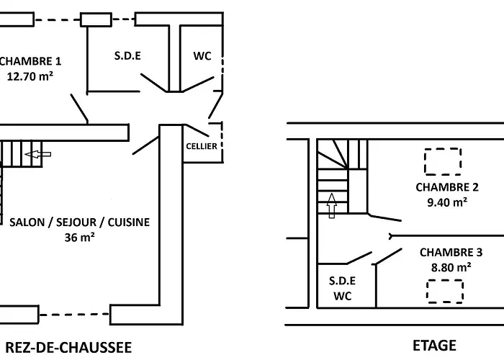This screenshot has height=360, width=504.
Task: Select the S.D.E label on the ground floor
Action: (128, 56)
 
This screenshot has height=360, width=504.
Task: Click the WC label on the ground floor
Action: (202, 56)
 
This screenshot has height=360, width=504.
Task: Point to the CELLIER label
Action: (202, 146)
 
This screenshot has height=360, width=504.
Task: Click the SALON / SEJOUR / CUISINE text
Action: (80, 222)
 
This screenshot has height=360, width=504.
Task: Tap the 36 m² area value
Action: (80, 236)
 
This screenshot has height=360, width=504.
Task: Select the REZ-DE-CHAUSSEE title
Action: (66, 347)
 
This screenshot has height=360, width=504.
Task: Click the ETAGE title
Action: (434, 346)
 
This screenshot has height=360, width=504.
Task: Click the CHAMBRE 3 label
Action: (451, 252)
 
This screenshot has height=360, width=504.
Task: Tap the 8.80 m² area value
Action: (451, 266)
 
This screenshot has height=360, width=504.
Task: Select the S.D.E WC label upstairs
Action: (343, 287)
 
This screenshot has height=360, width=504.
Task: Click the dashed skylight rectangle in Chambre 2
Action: (441, 161)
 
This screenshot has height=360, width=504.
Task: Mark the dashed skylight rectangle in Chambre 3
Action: (444, 292)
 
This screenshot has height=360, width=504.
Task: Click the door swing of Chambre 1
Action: (80, 109)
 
